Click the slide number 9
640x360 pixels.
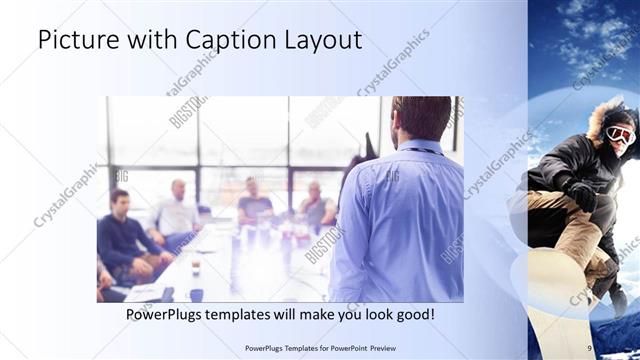pyautogui.click(x=590, y=348)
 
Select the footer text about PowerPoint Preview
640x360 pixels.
pyautogui.click(x=319, y=348)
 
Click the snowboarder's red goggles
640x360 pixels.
pyautogui.click(x=620, y=134)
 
